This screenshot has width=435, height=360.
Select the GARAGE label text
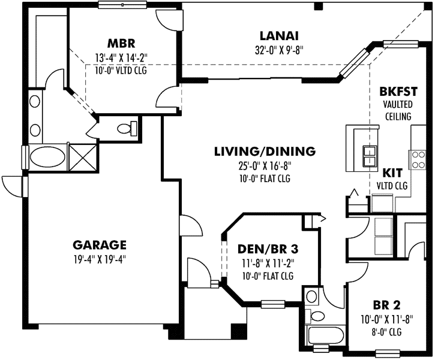click(100, 244)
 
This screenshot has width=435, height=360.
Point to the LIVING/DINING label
click(265, 152)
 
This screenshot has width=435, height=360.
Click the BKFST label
click(398, 93)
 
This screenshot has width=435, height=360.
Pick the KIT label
click(393, 172)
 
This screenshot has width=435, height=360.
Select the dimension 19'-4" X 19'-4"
click(100, 259)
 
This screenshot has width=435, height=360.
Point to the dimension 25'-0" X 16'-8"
click(265, 166)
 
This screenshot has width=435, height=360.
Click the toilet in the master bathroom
click(127, 128)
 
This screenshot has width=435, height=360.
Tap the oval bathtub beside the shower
click(47, 159)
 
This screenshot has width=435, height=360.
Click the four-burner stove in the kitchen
click(418, 159)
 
